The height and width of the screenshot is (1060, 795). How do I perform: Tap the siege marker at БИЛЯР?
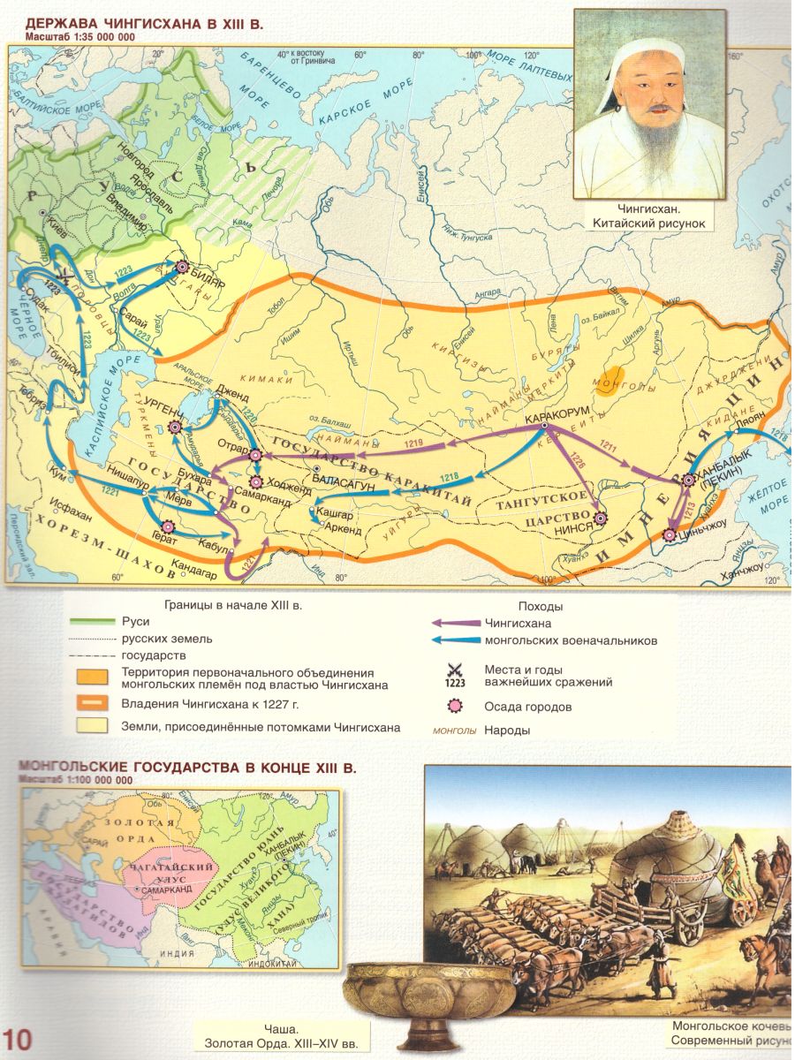[x=183, y=266]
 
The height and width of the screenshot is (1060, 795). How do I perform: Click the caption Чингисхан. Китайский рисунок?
[x=649, y=218]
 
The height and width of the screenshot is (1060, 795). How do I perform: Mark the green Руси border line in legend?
[x=90, y=622]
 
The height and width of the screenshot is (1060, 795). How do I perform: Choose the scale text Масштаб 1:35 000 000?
[x=80, y=40]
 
